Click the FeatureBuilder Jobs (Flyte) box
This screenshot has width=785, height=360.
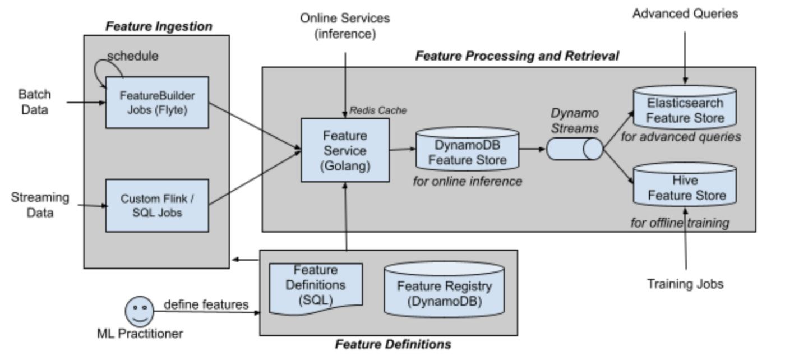[x=157, y=103]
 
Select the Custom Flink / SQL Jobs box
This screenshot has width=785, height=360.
[x=157, y=206]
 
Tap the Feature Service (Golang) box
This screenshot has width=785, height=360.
[x=345, y=150]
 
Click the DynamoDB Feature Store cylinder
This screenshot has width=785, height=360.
[x=467, y=151]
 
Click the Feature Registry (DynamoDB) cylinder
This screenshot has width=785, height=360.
[x=444, y=292]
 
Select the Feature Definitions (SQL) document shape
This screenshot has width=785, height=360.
[x=316, y=285]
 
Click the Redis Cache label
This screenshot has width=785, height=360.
[x=378, y=111]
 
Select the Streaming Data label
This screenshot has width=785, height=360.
[x=40, y=205]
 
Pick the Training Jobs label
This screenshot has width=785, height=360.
[x=685, y=284]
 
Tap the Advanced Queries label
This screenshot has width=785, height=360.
[x=685, y=14]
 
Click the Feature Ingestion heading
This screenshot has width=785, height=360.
[x=159, y=26]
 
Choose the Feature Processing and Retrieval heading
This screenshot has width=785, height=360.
[x=516, y=56]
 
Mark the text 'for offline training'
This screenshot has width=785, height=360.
[x=680, y=223]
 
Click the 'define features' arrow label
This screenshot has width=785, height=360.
[x=206, y=304]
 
